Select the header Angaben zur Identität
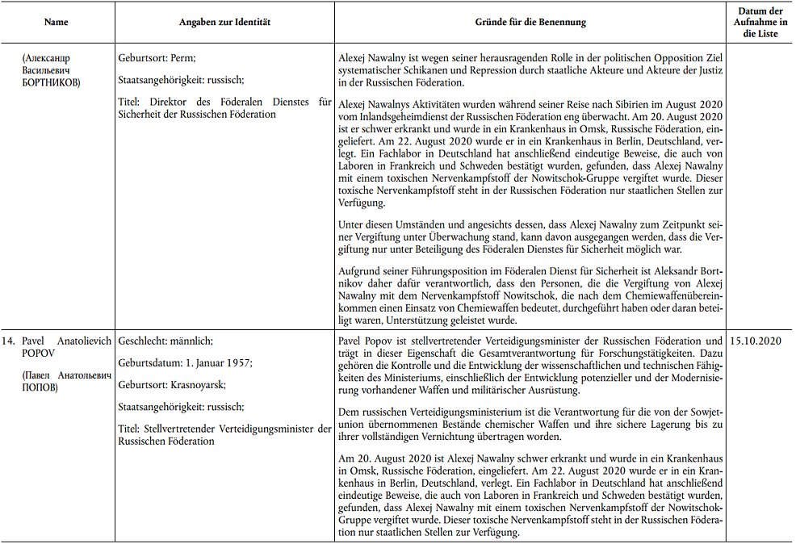click(224, 23)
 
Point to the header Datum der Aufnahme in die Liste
click(759, 23)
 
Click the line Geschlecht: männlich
click(166, 342)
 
